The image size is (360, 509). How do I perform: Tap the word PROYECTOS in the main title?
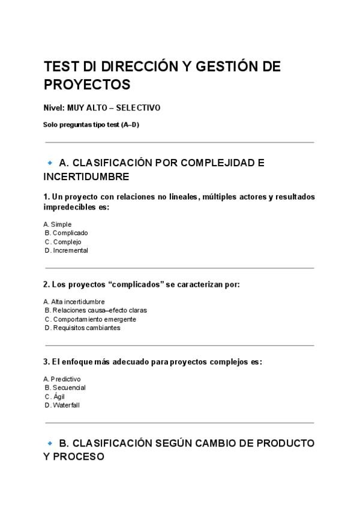tap(87, 83)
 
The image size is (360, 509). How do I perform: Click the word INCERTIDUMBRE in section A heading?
tap(86, 177)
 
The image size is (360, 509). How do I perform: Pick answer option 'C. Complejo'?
tap(63, 242)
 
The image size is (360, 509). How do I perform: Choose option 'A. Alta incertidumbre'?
tap(74, 301)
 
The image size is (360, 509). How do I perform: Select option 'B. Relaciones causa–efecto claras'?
tap(96, 310)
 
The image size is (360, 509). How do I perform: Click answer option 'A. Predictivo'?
tap(62, 379)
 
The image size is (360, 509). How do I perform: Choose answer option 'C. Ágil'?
tap(55, 396)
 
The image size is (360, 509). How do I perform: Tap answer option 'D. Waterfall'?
tap(62, 405)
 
